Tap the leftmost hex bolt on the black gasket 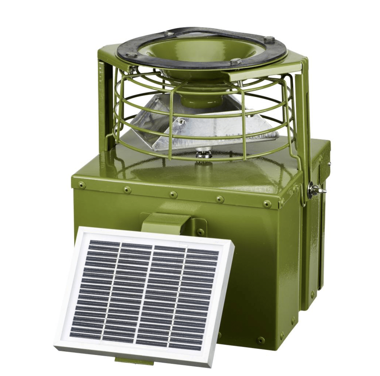(132, 55)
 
